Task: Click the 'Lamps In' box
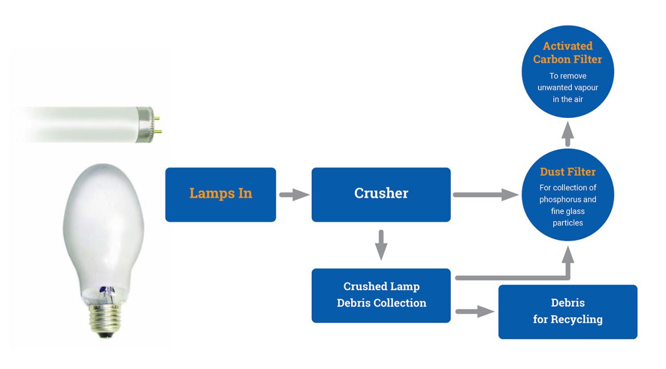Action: tap(221, 194)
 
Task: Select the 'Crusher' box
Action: tap(381, 194)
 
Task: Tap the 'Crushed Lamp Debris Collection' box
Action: tap(381, 295)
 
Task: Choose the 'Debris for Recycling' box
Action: tap(568, 311)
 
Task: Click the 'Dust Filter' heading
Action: tap(568, 172)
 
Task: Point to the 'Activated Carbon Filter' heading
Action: tap(568, 53)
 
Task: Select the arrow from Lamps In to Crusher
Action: tap(294, 195)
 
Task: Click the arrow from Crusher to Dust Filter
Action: tap(485, 195)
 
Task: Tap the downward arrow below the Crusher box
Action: tap(381, 244)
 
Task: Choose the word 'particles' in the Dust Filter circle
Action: tap(568, 223)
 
